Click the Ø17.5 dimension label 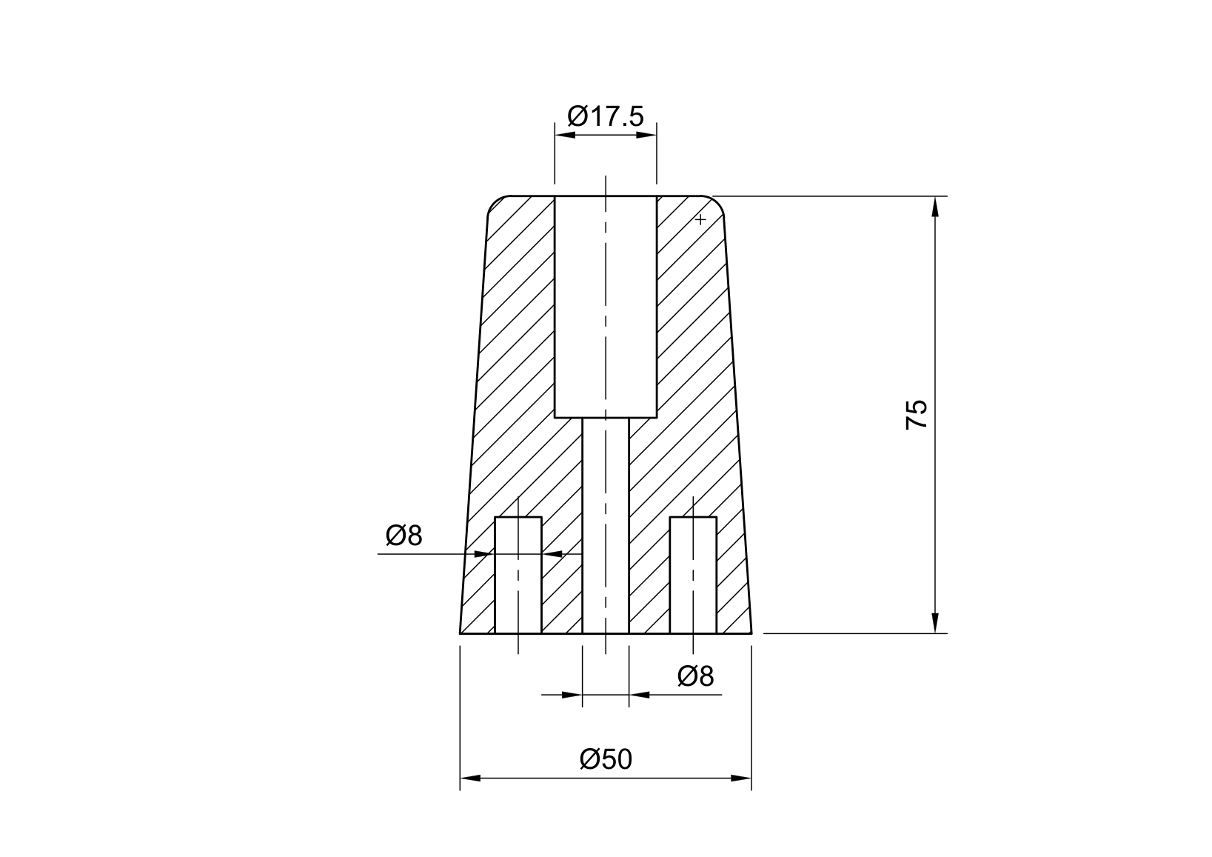point(606,116)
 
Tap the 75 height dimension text point(916,415)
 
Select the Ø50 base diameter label point(606,759)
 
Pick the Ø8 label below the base point(696,676)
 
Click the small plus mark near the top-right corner point(700,219)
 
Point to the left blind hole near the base point(518,575)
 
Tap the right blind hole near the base point(693,575)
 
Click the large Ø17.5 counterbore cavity point(606,307)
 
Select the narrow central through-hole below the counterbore point(606,526)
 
